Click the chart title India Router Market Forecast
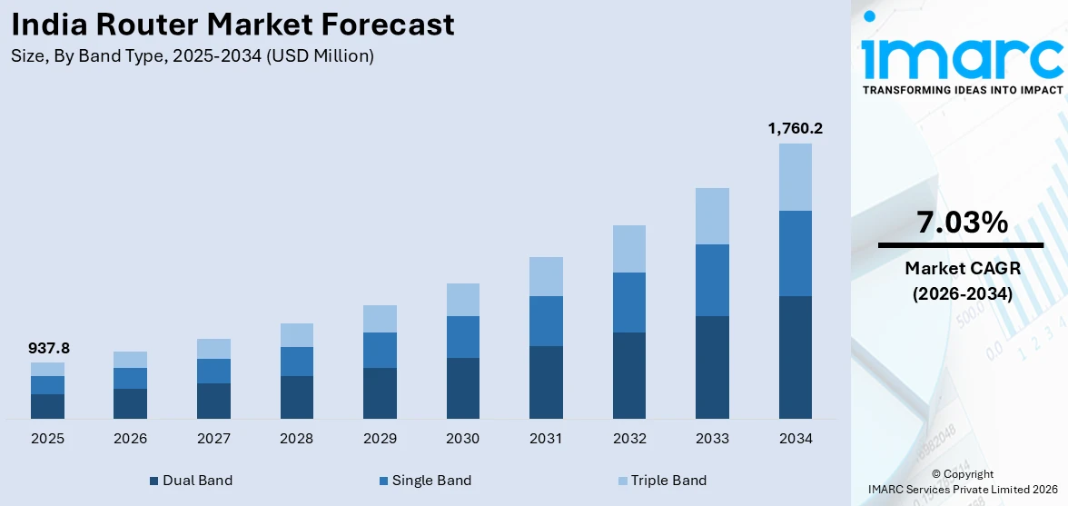click(x=233, y=25)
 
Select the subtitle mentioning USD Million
click(x=193, y=56)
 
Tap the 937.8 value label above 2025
click(x=47, y=348)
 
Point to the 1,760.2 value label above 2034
click(x=795, y=128)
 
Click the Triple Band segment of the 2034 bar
click(x=795, y=177)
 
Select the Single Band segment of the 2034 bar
click(x=795, y=253)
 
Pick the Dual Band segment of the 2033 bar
click(x=712, y=367)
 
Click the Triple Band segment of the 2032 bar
click(x=628, y=249)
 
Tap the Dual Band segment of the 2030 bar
click(x=462, y=388)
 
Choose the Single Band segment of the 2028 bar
click(x=296, y=362)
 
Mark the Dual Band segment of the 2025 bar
click(x=47, y=406)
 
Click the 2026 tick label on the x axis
click(x=131, y=439)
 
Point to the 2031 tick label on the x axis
click(x=546, y=439)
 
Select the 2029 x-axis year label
click(x=380, y=439)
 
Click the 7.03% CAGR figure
click(x=962, y=223)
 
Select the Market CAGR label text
click(x=962, y=269)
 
